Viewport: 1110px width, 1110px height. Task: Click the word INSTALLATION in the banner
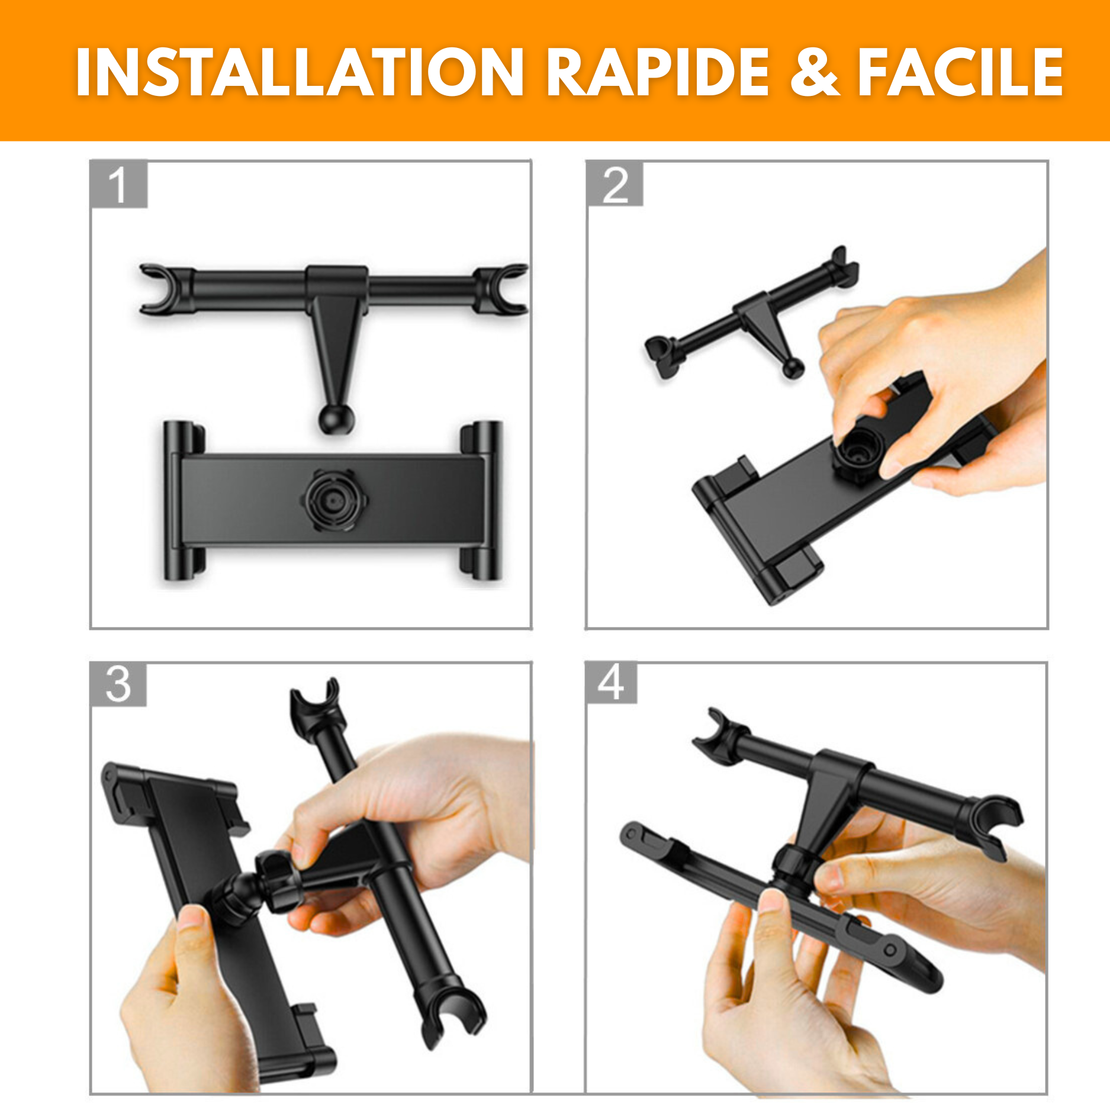click(x=299, y=72)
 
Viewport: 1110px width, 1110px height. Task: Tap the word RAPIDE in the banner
click(x=657, y=72)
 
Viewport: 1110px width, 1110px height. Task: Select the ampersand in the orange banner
click(x=815, y=72)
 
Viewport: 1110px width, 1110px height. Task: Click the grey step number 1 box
click(x=118, y=184)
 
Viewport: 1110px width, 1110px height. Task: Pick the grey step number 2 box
click(x=614, y=184)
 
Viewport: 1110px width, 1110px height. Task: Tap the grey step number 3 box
click(x=118, y=684)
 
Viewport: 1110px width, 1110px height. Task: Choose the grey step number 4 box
click(x=611, y=683)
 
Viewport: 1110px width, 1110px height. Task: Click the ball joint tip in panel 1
click(x=336, y=419)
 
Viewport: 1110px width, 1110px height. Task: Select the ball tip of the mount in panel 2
click(x=793, y=368)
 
